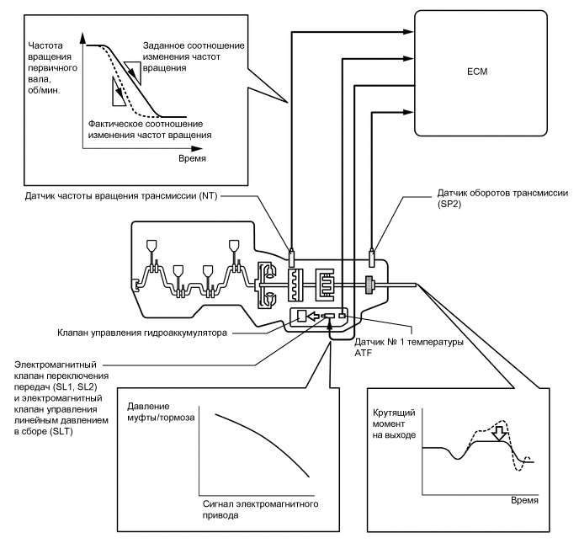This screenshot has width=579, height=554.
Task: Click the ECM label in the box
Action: coord(477,72)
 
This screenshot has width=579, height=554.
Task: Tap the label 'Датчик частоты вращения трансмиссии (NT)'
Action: coord(121,195)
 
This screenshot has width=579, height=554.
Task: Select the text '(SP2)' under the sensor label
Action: coord(449,204)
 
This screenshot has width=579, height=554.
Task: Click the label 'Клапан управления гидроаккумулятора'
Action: coord(142,333)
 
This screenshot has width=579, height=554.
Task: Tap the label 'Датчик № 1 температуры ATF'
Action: coord(409,347)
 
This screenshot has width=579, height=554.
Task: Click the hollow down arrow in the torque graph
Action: coord(500,434)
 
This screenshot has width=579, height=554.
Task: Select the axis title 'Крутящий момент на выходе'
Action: coord(394,423)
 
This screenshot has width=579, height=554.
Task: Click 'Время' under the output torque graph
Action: coord(524,500)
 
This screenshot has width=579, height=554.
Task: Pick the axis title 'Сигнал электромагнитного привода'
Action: coord(260,509)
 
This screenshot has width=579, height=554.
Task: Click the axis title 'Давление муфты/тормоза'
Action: coord(161,412)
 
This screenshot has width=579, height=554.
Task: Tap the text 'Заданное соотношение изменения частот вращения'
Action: coord(194,56)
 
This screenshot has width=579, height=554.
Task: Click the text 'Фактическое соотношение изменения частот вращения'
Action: coord(150,130)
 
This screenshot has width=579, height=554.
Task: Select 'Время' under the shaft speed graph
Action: coord(192,158)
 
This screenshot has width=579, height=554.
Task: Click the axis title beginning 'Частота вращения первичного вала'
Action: coord(52,68)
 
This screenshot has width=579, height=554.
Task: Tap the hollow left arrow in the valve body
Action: coord(314,316)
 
